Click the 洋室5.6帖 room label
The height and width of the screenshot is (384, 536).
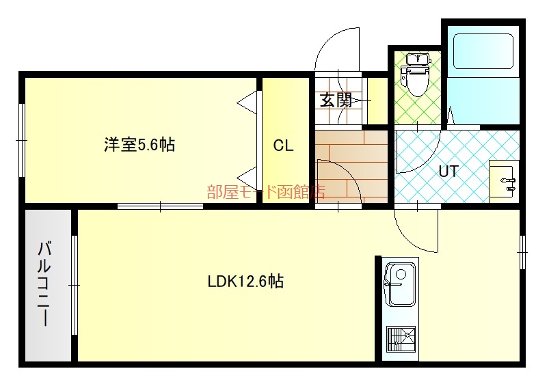139,145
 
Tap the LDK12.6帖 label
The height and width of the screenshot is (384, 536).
245,282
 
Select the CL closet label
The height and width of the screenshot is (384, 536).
283,146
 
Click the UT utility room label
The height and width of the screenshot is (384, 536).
448,171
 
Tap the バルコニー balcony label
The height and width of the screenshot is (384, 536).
44,283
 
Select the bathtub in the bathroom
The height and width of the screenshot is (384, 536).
483,51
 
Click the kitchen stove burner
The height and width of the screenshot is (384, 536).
401,339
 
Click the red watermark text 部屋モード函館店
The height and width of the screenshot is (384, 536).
265,191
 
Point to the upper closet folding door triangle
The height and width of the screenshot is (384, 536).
247,102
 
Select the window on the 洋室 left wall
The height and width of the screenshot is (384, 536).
22,140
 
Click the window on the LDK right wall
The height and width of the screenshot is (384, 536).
522,252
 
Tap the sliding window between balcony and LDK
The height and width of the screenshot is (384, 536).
75,285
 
